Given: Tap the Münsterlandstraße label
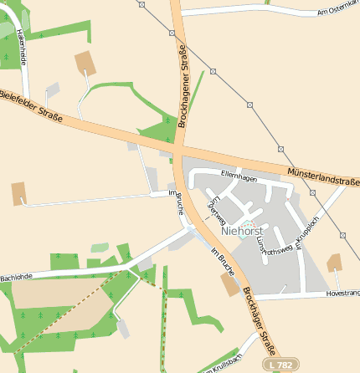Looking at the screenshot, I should point(322,176).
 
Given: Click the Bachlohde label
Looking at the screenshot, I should point(16,276).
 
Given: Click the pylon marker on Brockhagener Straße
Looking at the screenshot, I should point(171,33).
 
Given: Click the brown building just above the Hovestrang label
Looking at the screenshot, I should point(335,263).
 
